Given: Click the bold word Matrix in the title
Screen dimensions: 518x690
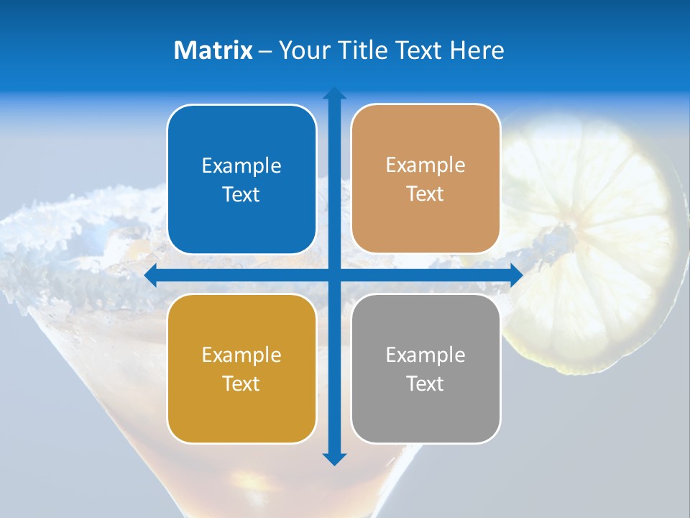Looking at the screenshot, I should click(x=213, y=50).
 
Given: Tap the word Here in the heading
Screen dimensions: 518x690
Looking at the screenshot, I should click(x=477, y=50).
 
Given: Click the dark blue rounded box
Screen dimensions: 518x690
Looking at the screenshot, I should click(x=241, y=180).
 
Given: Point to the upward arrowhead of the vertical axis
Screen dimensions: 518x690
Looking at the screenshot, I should click(x=334, y=94).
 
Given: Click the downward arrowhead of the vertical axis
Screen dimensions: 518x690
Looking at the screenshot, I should click(x=334, y=458).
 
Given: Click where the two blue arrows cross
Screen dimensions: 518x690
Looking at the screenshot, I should click(x=334, y=275).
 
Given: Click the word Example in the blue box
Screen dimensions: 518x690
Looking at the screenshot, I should click(x=241, y=166).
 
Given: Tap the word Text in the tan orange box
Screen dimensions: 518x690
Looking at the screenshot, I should click(x=425, y=194).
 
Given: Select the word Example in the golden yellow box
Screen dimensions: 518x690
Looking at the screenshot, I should click(x=241, y=355).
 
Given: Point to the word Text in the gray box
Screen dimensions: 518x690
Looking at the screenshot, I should click(x=425, y=383).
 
